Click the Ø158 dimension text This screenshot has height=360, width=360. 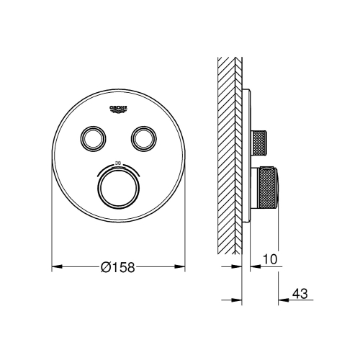click(x=118, y=266)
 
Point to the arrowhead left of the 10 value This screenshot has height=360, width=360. click(x=246, y=266)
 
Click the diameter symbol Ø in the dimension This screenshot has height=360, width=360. click(x=106, y=266)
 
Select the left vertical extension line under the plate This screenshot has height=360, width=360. click(x=53, y=230)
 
